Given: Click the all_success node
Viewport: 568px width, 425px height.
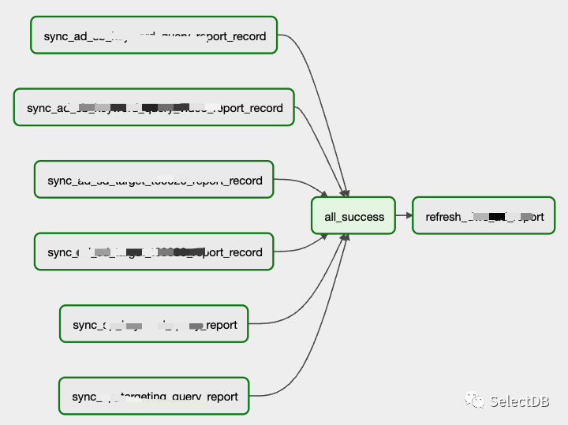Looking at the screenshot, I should click(353, 216).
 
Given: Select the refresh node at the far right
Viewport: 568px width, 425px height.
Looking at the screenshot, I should click(484, 216).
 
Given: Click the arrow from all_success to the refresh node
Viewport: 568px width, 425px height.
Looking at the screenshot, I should click(403, 215).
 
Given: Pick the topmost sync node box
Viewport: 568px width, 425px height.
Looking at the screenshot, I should click(154, 35).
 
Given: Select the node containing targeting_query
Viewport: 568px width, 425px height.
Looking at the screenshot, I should click(154, 396).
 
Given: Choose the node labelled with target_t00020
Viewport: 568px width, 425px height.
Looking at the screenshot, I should click(154, 180).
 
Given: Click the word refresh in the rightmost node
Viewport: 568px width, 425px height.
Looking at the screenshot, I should click(443, 217).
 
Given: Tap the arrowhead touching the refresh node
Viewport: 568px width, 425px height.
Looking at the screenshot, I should click(409, 215).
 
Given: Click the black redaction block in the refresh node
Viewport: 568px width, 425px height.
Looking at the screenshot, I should click(497, 215).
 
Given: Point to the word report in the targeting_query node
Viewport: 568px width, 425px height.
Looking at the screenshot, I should click(223, 397).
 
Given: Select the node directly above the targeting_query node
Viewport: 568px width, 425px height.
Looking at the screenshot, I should click(154, 324).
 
